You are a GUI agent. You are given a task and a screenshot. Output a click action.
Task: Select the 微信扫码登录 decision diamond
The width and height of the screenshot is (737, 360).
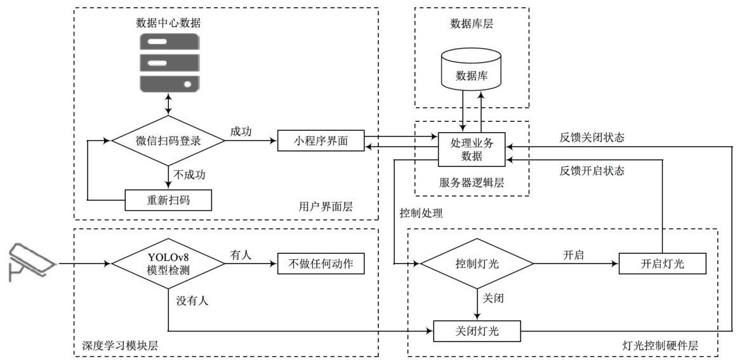[168, 140]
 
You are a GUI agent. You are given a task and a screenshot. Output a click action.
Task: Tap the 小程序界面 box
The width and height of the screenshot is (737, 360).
[321, 140]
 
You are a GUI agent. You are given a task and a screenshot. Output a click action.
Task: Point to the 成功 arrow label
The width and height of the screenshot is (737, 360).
[241, 131]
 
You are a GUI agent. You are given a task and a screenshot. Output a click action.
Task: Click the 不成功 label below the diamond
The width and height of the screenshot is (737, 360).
[190, 173]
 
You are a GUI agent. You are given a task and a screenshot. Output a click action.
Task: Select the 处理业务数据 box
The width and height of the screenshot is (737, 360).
[471, 149]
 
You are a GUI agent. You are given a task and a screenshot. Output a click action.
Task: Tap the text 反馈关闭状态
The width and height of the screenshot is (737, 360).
[592, 136]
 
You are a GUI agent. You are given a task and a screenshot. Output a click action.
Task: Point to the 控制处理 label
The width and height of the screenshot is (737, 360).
[421, 213]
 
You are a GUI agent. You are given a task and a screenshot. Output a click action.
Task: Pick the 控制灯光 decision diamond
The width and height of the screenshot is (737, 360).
[477, 263]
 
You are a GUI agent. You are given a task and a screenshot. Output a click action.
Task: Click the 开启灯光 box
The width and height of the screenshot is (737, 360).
[663, 263]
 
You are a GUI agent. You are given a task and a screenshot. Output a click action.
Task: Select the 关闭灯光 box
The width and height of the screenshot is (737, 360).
[477, 330]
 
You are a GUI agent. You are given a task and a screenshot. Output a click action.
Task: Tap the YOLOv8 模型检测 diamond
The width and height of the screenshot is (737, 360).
[168, 263]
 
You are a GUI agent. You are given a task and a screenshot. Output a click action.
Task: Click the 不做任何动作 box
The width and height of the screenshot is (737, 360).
[321, 263]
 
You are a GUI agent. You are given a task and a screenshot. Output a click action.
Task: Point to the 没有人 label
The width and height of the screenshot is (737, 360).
[192, 300]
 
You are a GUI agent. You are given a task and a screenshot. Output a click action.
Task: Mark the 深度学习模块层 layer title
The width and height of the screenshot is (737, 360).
[120, 346]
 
